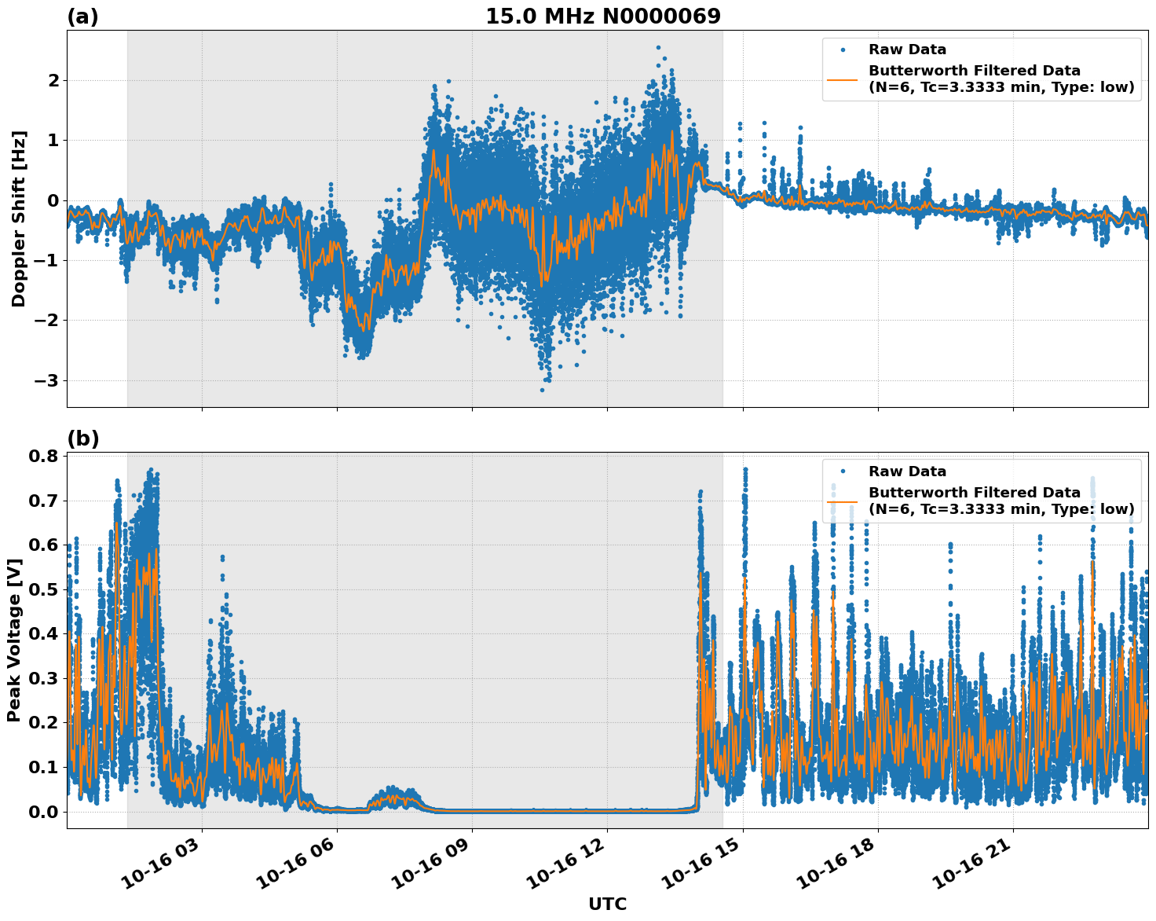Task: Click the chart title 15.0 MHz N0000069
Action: click(x=602, y=17)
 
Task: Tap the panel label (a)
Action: click(x=82, y=17)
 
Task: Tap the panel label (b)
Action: click(x=82, y=439)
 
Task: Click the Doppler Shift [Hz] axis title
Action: click(x=19, y=218)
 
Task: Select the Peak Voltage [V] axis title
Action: click(x=13, y=640)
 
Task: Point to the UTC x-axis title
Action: click(x=607, y=904)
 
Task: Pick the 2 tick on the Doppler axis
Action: click(x=53, y=80)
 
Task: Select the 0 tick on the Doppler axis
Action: click(x=53, y=200)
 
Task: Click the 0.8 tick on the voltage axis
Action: click(x=44, y=457)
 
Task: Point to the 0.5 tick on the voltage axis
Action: click(x=44, y=590)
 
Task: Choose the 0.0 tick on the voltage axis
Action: click(x=44, y=812)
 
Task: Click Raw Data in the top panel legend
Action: click(x=907, y=50)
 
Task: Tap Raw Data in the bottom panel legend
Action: click(x=907, y=472)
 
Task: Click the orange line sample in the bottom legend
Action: click(x=843, y=501)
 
